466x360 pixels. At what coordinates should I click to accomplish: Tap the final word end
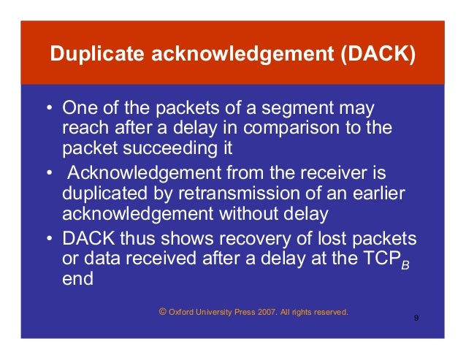78,278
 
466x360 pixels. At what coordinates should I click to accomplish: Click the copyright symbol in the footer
162,312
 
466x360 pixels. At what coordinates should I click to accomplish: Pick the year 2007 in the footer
259,313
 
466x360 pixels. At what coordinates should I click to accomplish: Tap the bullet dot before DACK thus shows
48,240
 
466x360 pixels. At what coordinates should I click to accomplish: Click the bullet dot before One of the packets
48,109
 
